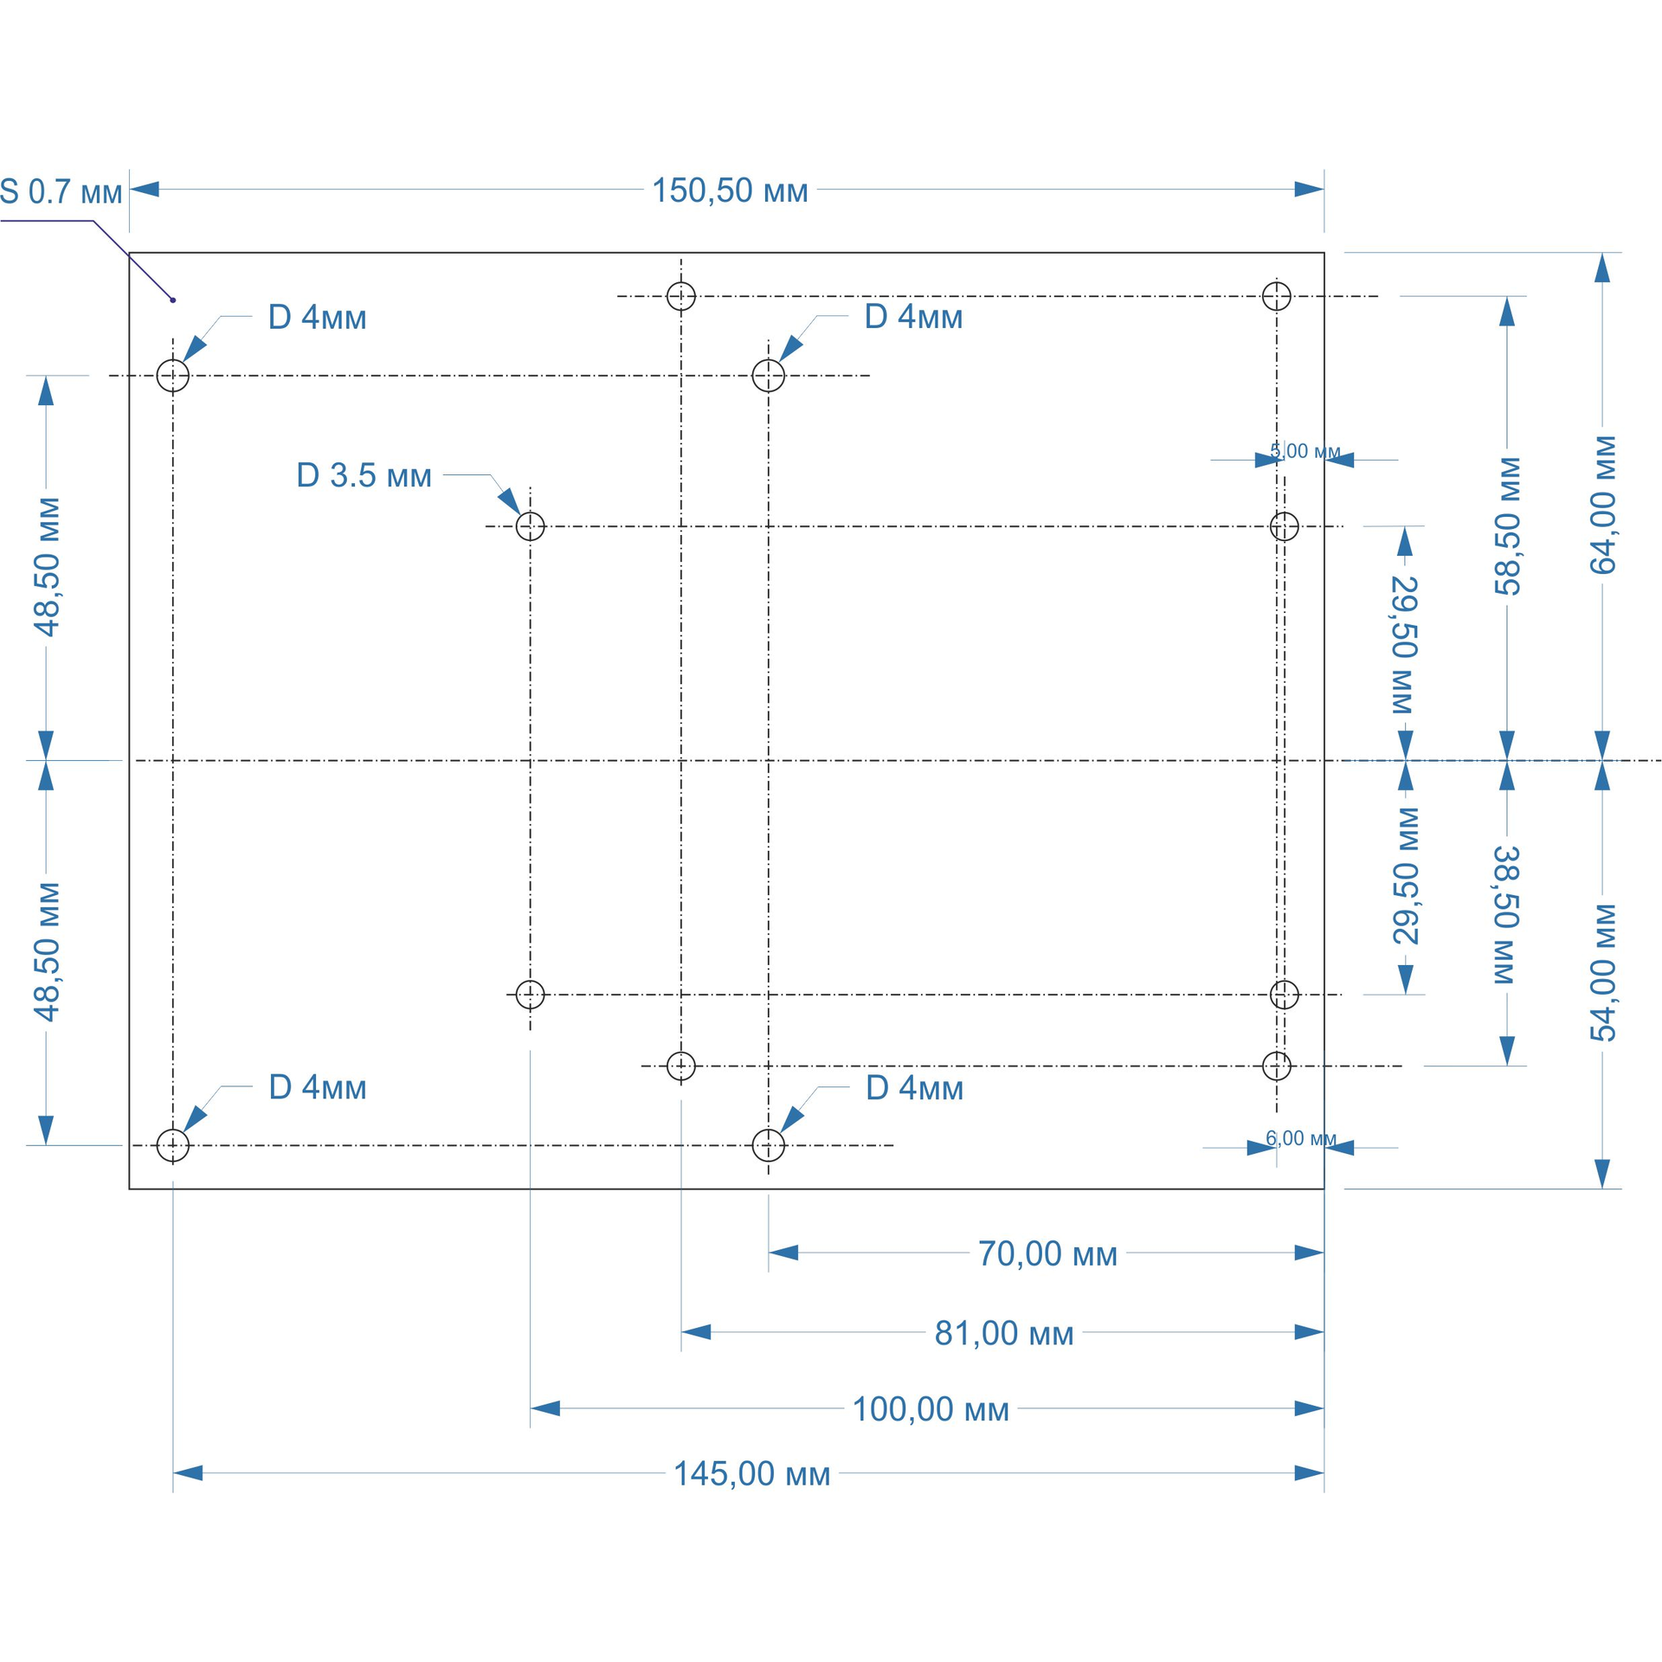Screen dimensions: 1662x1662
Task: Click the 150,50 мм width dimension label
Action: click(x=729, y=190)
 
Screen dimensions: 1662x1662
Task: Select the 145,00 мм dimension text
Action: click(x=751, y=1473)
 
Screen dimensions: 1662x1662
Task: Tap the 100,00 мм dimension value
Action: click(x=931, y=1409)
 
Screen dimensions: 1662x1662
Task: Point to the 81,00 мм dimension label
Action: click(x=1003, y=1333)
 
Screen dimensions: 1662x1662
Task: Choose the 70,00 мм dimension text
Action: click(x=1047, y=1253)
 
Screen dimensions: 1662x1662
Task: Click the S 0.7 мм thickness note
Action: click(x=61, y=192)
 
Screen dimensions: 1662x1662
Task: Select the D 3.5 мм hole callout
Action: click(x=364, y=475)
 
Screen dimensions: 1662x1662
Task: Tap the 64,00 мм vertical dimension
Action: click(x=1602, y=505)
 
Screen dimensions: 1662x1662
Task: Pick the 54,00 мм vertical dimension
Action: click(x=1602, y=972)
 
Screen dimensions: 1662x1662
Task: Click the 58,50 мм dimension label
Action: click(x=1507, y=526)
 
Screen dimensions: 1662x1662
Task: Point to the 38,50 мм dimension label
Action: click(x=1507, y=914)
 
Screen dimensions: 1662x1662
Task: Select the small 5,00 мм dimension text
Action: click(x=1304, y=451)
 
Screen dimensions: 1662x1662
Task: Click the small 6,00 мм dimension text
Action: click(x=1300, y=1138)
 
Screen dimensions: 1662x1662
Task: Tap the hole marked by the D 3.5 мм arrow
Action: click(x=530, y=526)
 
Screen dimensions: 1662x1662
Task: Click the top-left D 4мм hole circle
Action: click(x=173, y=376)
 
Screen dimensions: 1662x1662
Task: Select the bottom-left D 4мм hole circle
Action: click(x=173, y=1145)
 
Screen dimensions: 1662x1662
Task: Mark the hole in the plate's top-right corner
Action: click(x=1276, y=296)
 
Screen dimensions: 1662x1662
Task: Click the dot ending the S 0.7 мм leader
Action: click(x=173, y=300)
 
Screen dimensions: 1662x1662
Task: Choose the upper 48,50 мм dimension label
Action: click(x=47, y=566)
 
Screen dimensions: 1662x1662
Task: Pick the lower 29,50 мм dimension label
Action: click(x=1405, y=875)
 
